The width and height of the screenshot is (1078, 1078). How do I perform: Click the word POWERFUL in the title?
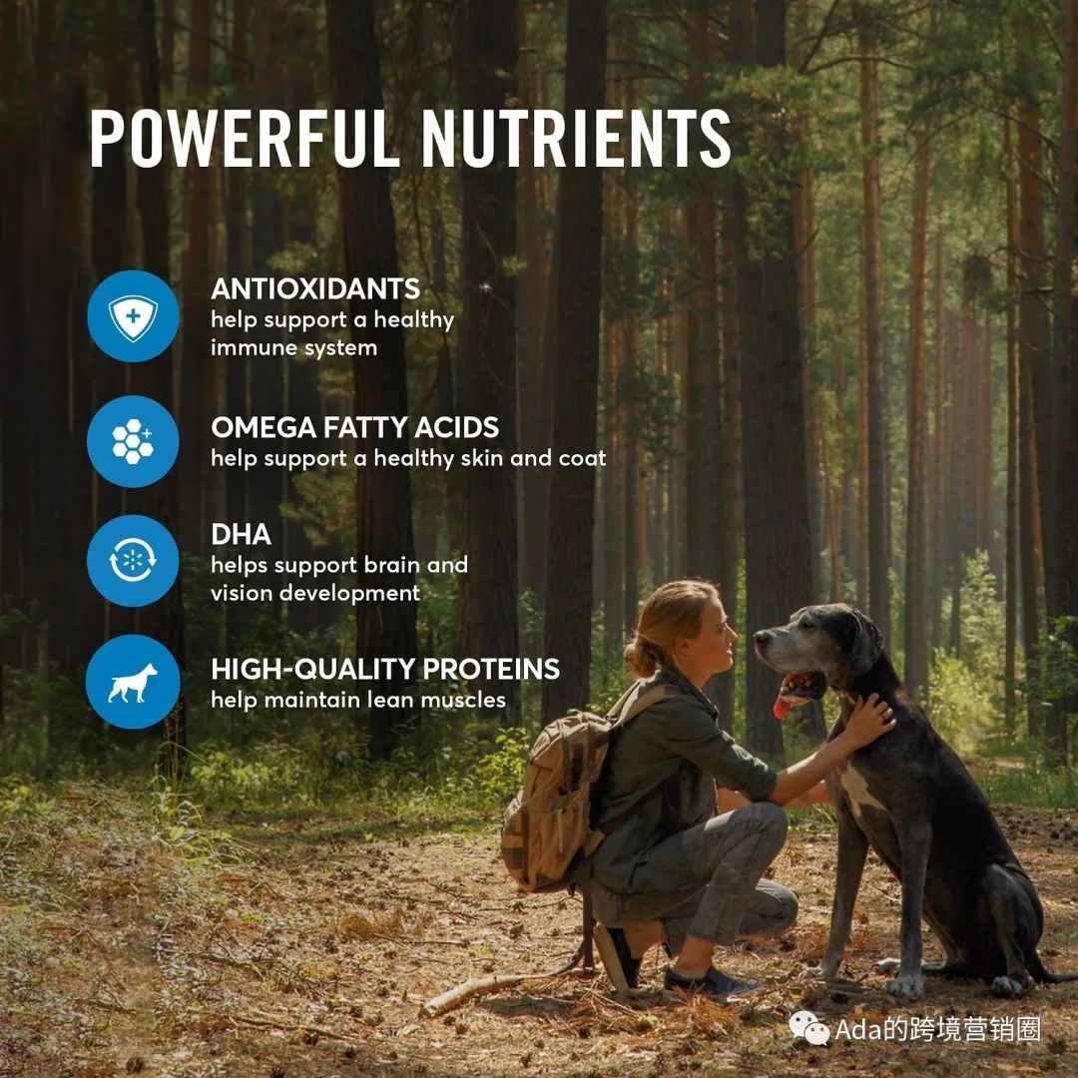click(x=245, y=138)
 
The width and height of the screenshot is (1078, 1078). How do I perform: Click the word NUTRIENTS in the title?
click(x=576, y=138)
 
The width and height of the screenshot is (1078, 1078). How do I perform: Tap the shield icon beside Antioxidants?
click(x=133, y=317)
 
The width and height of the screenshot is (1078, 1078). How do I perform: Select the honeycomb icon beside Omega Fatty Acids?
click(x=133, y=441)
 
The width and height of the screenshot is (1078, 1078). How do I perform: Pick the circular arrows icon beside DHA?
click(x=133, y=561)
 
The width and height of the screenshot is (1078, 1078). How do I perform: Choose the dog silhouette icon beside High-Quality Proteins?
click(x=133, y=682)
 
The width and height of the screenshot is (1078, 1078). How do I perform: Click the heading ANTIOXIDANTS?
click(x=315, y=288)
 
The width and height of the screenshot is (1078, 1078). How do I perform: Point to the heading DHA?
click(x=241, y=535)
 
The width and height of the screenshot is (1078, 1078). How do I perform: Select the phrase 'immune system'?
click(x=294, y=348)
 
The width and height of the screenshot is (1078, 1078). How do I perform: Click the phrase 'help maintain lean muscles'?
click(x=358, y=700)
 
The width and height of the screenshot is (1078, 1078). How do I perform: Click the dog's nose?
click(x=761, y=637)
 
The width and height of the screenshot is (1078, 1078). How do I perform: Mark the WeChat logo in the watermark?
click(x=809, y=1028)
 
